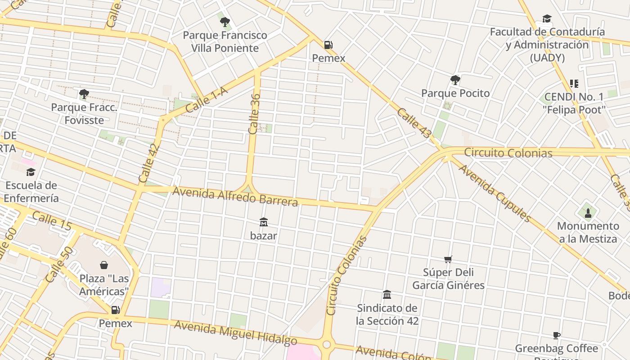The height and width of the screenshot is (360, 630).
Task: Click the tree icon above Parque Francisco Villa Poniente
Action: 225,22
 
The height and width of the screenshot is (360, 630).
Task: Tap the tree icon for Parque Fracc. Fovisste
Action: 84,94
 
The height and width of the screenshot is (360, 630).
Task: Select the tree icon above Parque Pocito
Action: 455,80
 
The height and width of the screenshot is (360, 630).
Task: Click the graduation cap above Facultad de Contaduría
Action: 547,18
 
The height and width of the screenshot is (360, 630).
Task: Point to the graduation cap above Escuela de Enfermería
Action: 31,172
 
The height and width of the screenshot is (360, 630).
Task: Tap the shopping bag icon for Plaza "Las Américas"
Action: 104,265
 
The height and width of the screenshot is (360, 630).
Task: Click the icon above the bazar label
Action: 264,222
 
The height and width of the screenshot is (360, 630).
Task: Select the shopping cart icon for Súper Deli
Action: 448,259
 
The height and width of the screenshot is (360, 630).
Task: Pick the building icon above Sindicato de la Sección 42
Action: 387,295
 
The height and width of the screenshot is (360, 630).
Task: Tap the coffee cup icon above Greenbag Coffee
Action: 557,335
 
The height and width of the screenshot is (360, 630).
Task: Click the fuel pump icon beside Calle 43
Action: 328,45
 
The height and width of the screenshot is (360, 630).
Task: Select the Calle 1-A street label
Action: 207,100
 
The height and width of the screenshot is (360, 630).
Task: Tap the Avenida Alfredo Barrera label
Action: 235,197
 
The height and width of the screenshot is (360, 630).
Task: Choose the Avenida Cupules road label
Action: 495,193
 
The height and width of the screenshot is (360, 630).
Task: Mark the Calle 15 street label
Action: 52,222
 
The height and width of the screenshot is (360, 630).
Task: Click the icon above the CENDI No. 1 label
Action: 574,83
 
